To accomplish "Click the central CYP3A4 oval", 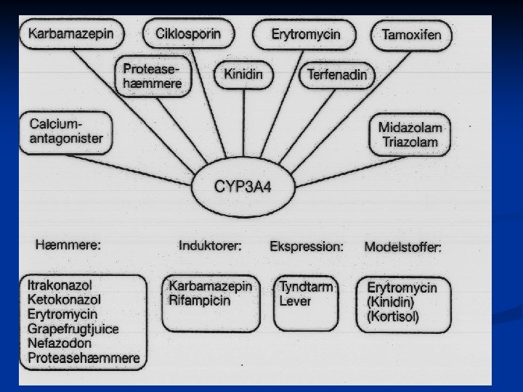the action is [x=243, y=187].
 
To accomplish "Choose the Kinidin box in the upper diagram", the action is [x=243, y=74].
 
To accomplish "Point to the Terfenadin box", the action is [x=337, y=74].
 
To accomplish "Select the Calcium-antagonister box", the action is [x=66, y=131].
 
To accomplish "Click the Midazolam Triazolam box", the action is [x=410, y=134].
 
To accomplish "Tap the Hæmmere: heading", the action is [x=68, y=245].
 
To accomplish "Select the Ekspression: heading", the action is [x=307, y=247].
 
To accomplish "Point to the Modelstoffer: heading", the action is [x=403, y=248].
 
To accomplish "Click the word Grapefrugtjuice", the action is [x=73, y=328].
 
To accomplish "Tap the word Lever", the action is [x=294, y=301].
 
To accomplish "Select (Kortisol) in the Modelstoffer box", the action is [x=393, y=317].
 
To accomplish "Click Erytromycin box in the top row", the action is [x=306, y=34].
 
